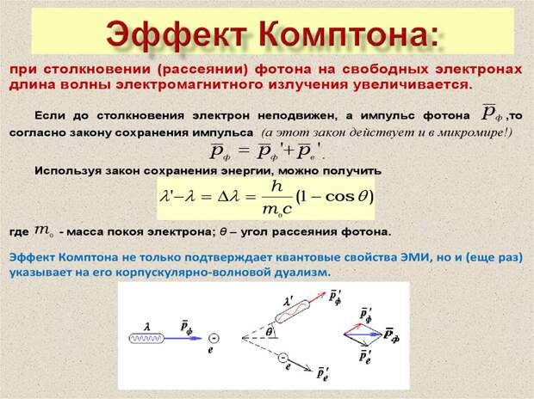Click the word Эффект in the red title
click(177, 35)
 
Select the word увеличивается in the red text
click(412, 84)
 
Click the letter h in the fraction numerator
click(276, 186)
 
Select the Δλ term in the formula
click(229, 197)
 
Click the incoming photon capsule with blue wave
click(146, 339)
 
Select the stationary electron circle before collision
click(214, 338)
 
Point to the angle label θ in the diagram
click(269, 331)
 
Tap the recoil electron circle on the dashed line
click(283, 359)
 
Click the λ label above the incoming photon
click(147, 328)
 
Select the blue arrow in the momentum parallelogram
click(363, 335)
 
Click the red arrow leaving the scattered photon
click(318, 297)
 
